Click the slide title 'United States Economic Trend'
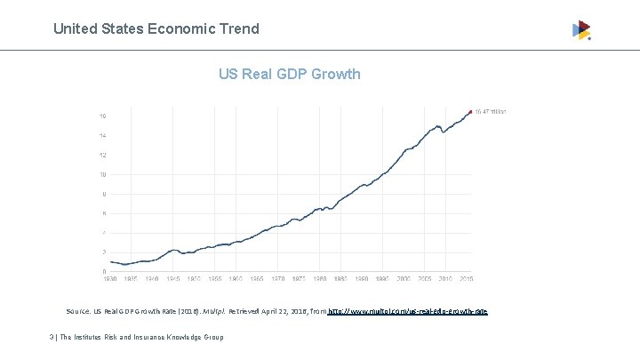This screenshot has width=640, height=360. (x=156, y=28)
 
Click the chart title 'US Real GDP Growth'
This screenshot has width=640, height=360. (x=290, y=74)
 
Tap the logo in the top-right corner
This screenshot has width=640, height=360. (x=581, y=30)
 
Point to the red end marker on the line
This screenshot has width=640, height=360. (x=470, y=112)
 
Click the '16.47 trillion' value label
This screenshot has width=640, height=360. (x=492, y=112)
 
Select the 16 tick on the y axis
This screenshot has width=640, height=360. (x=103, y=116)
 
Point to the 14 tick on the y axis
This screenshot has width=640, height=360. (x=103, y=136)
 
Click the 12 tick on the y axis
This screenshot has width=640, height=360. (x=103, y=156)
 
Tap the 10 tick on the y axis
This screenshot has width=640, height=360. (x=103, y=175)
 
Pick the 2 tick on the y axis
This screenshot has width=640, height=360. (x=105, y=252)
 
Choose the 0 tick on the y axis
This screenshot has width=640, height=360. (x=105, y=271)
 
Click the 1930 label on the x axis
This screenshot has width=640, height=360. (x=108, y=279)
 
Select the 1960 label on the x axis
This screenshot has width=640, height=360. (x=236, y=279)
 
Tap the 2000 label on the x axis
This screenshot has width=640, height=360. (x=404, y=279)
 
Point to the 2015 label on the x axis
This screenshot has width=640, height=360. (x=467, y=279)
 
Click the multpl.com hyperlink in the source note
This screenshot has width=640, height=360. (x=408, y=312)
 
